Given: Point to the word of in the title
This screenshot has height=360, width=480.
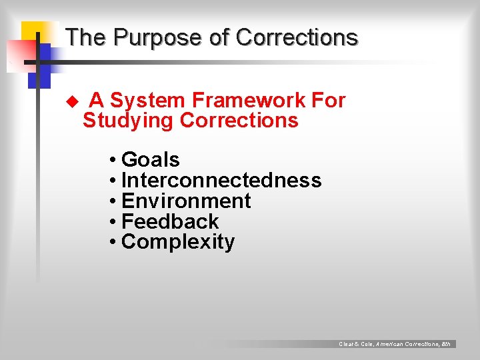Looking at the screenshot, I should pyautogui.click(x=219, y=38).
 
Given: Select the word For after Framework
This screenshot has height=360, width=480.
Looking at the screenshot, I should pyautogui.click(x=329, y=101).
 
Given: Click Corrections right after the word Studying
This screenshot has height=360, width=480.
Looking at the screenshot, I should pyautogui.click(x=239, y=121).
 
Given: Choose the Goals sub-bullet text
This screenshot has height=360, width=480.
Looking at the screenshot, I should pyautogui.click(x=150, y=160).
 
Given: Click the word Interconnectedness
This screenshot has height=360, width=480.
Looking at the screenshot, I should pyautogui.click(x=221, y=181).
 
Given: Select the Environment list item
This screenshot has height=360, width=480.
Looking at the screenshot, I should pyautogui.click(x=186, y=201).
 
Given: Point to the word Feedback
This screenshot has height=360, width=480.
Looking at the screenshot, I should pyautogui.click(x=170, y=221).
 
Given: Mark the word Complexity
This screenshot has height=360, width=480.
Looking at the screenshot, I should pyautogui.click(x=178, y=242).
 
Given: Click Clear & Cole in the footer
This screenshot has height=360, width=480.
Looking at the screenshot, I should pyautogui.click(x=355, y=344).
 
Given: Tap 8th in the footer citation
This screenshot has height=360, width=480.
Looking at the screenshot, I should pyautogui.click(x=446, y=344).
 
